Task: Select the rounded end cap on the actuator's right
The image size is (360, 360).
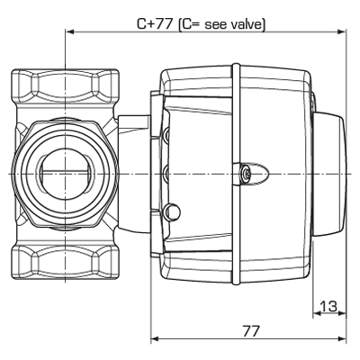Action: tap(331, 171)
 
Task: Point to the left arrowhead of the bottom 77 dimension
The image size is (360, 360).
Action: tap(153, 340)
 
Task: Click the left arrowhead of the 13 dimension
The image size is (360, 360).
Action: tap(316, 316)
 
